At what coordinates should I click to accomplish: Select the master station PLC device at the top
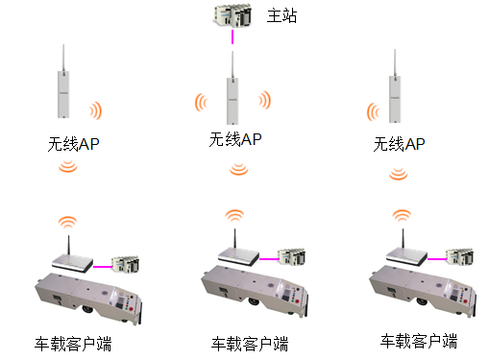(x=232, y=15)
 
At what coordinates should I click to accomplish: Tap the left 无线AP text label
(x=74, y=144)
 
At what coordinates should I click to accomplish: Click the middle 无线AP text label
(x=235, y=139)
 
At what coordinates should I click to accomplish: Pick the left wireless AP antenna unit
(x=62, y=91)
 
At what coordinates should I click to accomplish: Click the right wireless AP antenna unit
(x=392, y=91)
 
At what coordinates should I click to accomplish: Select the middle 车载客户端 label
(x=249, y=343)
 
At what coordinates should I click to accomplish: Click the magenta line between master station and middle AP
(x=232, y=38)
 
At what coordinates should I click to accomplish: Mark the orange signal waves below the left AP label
(x=66, y=169)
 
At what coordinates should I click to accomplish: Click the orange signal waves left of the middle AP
(x=202, y=101)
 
